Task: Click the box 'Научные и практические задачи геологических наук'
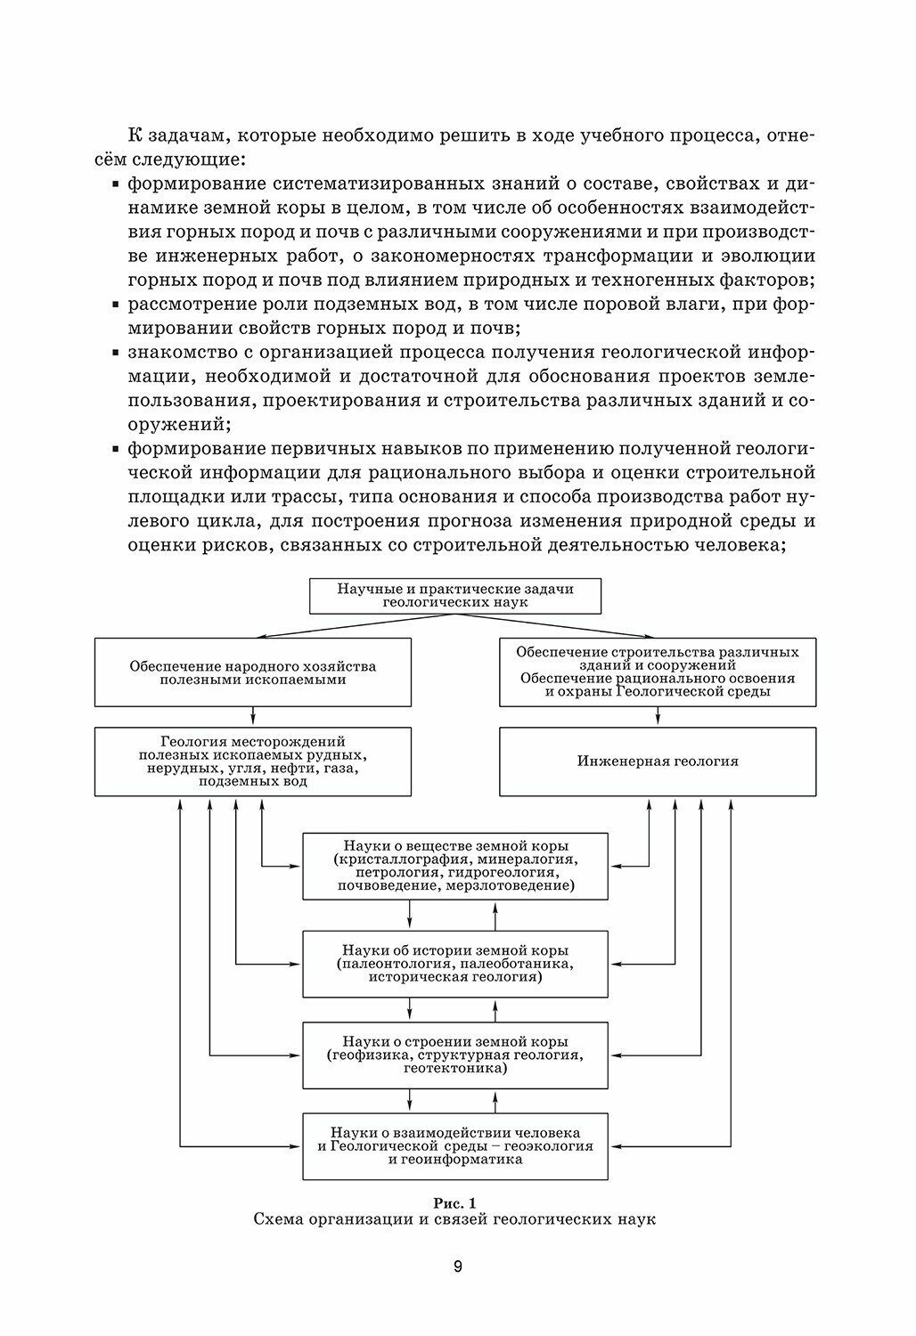point(454,596)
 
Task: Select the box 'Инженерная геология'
point(658,762)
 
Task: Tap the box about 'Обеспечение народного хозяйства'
point(253,672)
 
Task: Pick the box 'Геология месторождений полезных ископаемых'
point(253,762)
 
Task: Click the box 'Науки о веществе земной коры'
point(454,866)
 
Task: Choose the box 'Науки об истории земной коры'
point(454,964)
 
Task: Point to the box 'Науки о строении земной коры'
point(454,1055)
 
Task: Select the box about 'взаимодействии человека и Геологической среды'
point(454,1146)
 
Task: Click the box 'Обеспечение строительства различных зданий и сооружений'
point(658,672)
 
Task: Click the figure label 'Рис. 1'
point(454,1203)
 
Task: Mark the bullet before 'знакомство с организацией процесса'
point(118,354)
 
